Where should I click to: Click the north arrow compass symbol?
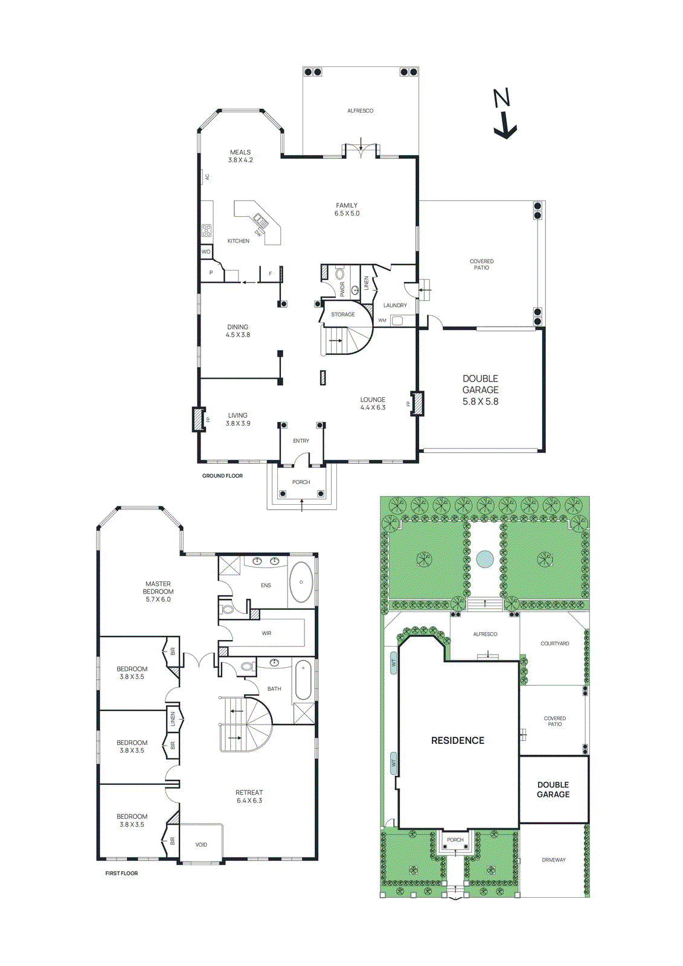tap(504, 115)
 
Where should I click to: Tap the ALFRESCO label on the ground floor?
tap(360, 111)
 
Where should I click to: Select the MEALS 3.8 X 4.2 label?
tap(240, 156)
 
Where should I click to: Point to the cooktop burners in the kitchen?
tap(207, 230)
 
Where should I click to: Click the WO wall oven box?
tap(206, 252)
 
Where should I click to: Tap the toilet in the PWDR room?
tap(355, 289)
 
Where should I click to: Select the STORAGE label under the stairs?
tap(342, 315)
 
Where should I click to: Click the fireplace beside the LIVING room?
tap(198, 420)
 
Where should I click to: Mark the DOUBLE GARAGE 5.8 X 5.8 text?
tap(481, 390)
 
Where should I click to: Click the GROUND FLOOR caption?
tap(222, 476)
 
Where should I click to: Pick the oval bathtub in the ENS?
tap(301, 583)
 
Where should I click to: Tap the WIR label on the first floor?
tap(266, 633)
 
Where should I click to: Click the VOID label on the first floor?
tap(201, 845)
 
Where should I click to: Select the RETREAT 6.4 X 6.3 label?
tap(249, 796)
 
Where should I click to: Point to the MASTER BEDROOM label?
tap(158, 591)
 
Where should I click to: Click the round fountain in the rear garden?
tap(484, 559)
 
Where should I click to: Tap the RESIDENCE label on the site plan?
tap(458, 740)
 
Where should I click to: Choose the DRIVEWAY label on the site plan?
tap(554, 860)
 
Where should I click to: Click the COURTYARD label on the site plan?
tap(554, 644)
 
